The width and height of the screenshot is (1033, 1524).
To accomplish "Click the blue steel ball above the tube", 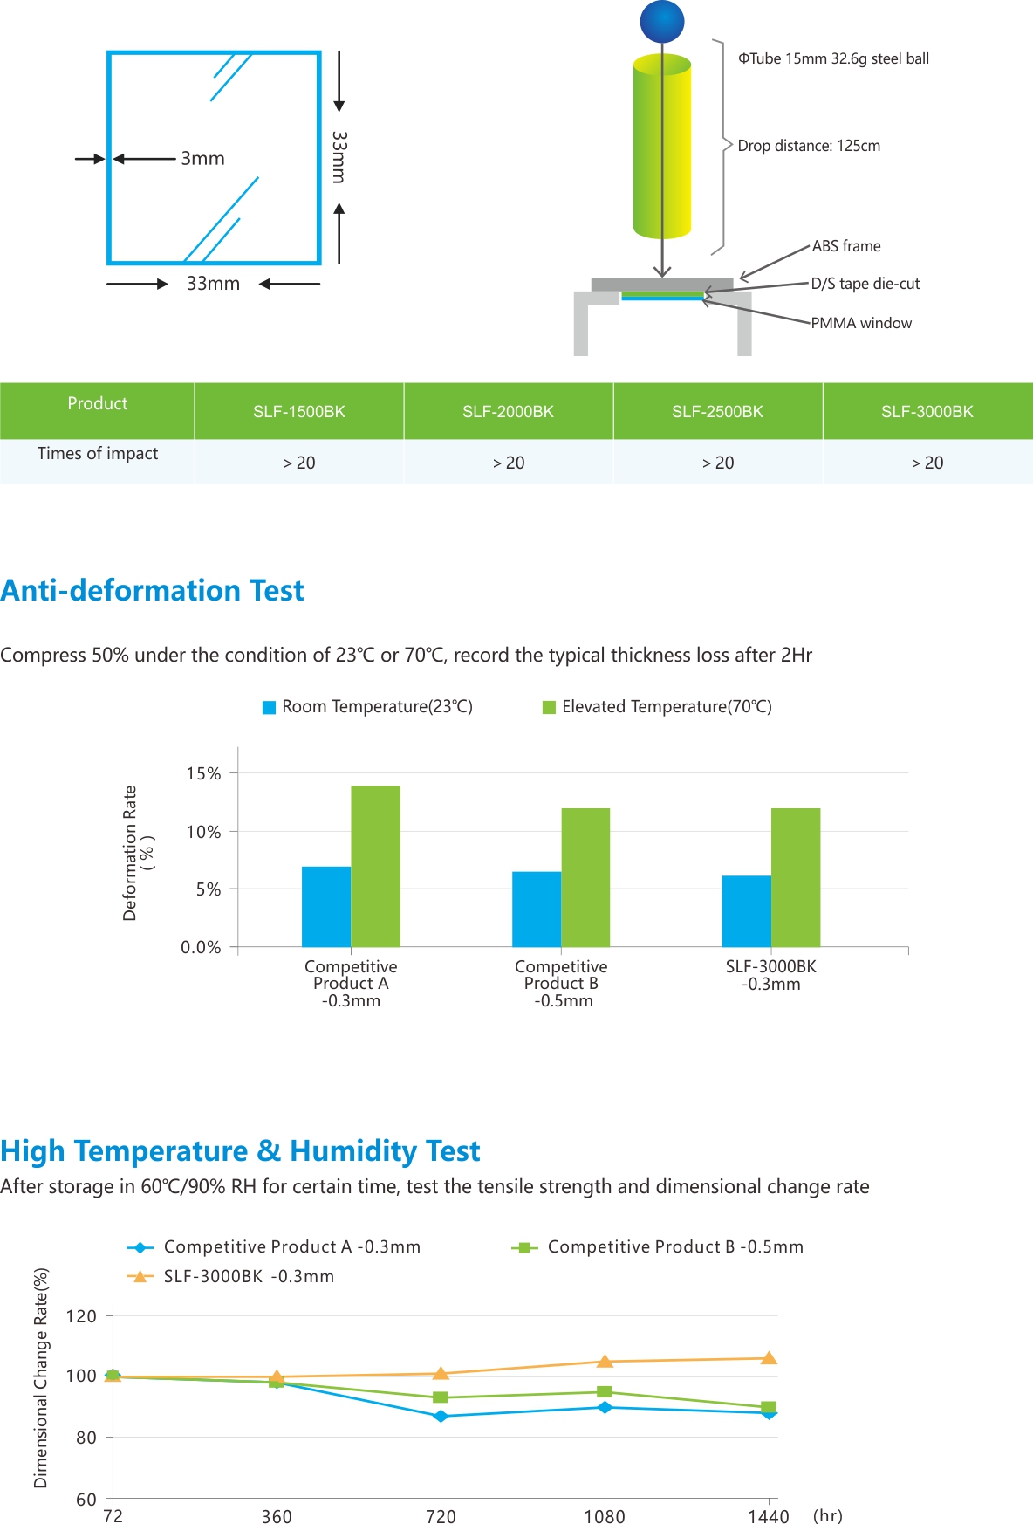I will coord(662,22).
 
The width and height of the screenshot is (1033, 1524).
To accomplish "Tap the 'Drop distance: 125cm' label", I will coord(809,146).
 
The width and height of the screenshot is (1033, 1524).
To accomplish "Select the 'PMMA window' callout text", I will coord(861,323).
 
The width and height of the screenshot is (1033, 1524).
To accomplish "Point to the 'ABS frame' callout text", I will coord(846,246).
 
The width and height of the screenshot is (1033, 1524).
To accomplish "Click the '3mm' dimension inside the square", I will coord(202,159).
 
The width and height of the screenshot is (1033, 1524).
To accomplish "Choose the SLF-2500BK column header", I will coord(717,412).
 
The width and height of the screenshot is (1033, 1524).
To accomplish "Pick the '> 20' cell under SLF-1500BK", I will coord(299,463).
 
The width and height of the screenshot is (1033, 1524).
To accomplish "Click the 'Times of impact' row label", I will coord(98,453).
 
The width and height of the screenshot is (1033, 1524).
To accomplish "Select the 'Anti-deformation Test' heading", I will coord(153,591).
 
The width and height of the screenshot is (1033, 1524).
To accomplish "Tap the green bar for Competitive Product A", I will coord(376,866).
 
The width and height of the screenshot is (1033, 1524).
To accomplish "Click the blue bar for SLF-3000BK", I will coord(747,911).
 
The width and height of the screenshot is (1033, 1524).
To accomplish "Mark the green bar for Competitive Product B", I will coord(585,877).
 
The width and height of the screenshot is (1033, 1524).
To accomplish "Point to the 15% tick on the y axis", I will coord(203,774).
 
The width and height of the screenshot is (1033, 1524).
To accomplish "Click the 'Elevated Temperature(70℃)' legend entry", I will coord(658,707).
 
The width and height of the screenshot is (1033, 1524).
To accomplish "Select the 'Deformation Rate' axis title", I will coord(130,853).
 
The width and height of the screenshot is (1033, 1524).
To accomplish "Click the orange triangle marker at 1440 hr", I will coord(769,1358).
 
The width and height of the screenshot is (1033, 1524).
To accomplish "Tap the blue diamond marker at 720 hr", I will coord(441,1416).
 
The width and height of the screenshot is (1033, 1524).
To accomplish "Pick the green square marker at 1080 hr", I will coord(605,1392).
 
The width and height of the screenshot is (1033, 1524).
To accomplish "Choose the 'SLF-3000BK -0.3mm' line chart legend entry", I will coord(231,1276).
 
